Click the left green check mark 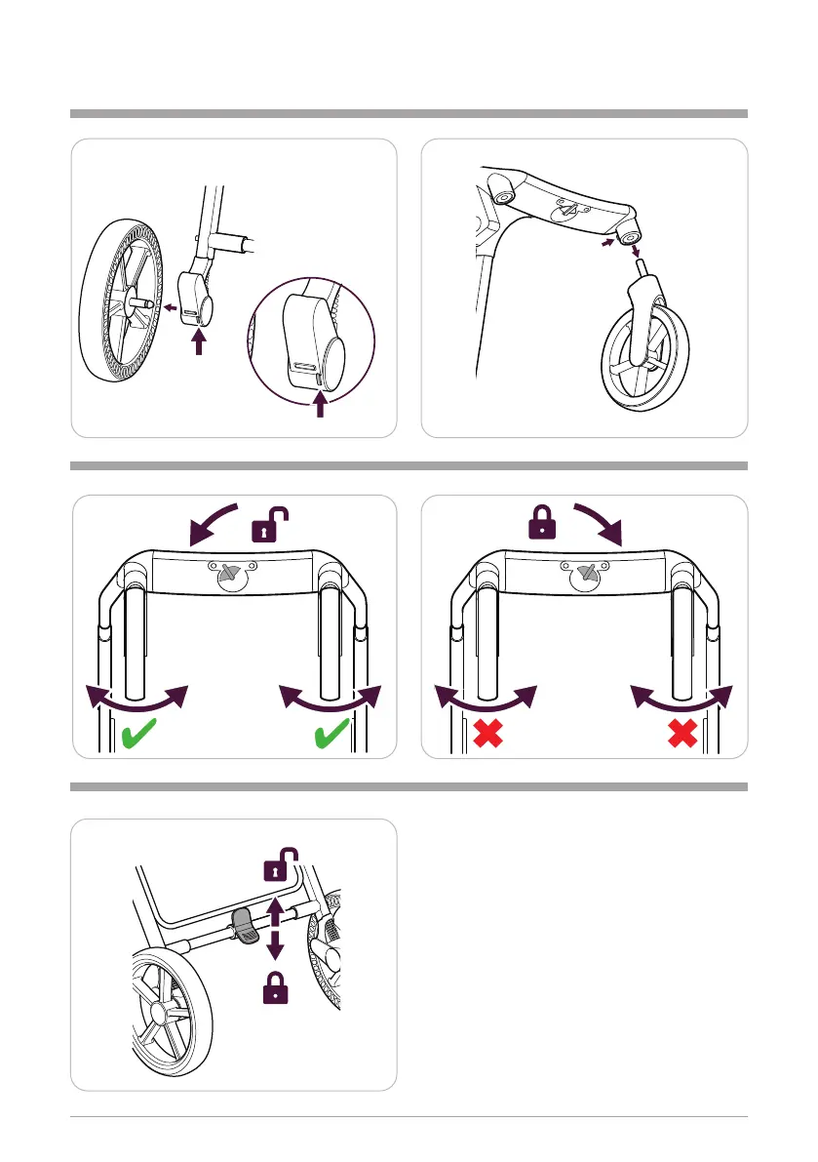142,735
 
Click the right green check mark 335,735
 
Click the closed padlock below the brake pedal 276,989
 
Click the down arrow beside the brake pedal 275,947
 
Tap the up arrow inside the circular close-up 321,403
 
